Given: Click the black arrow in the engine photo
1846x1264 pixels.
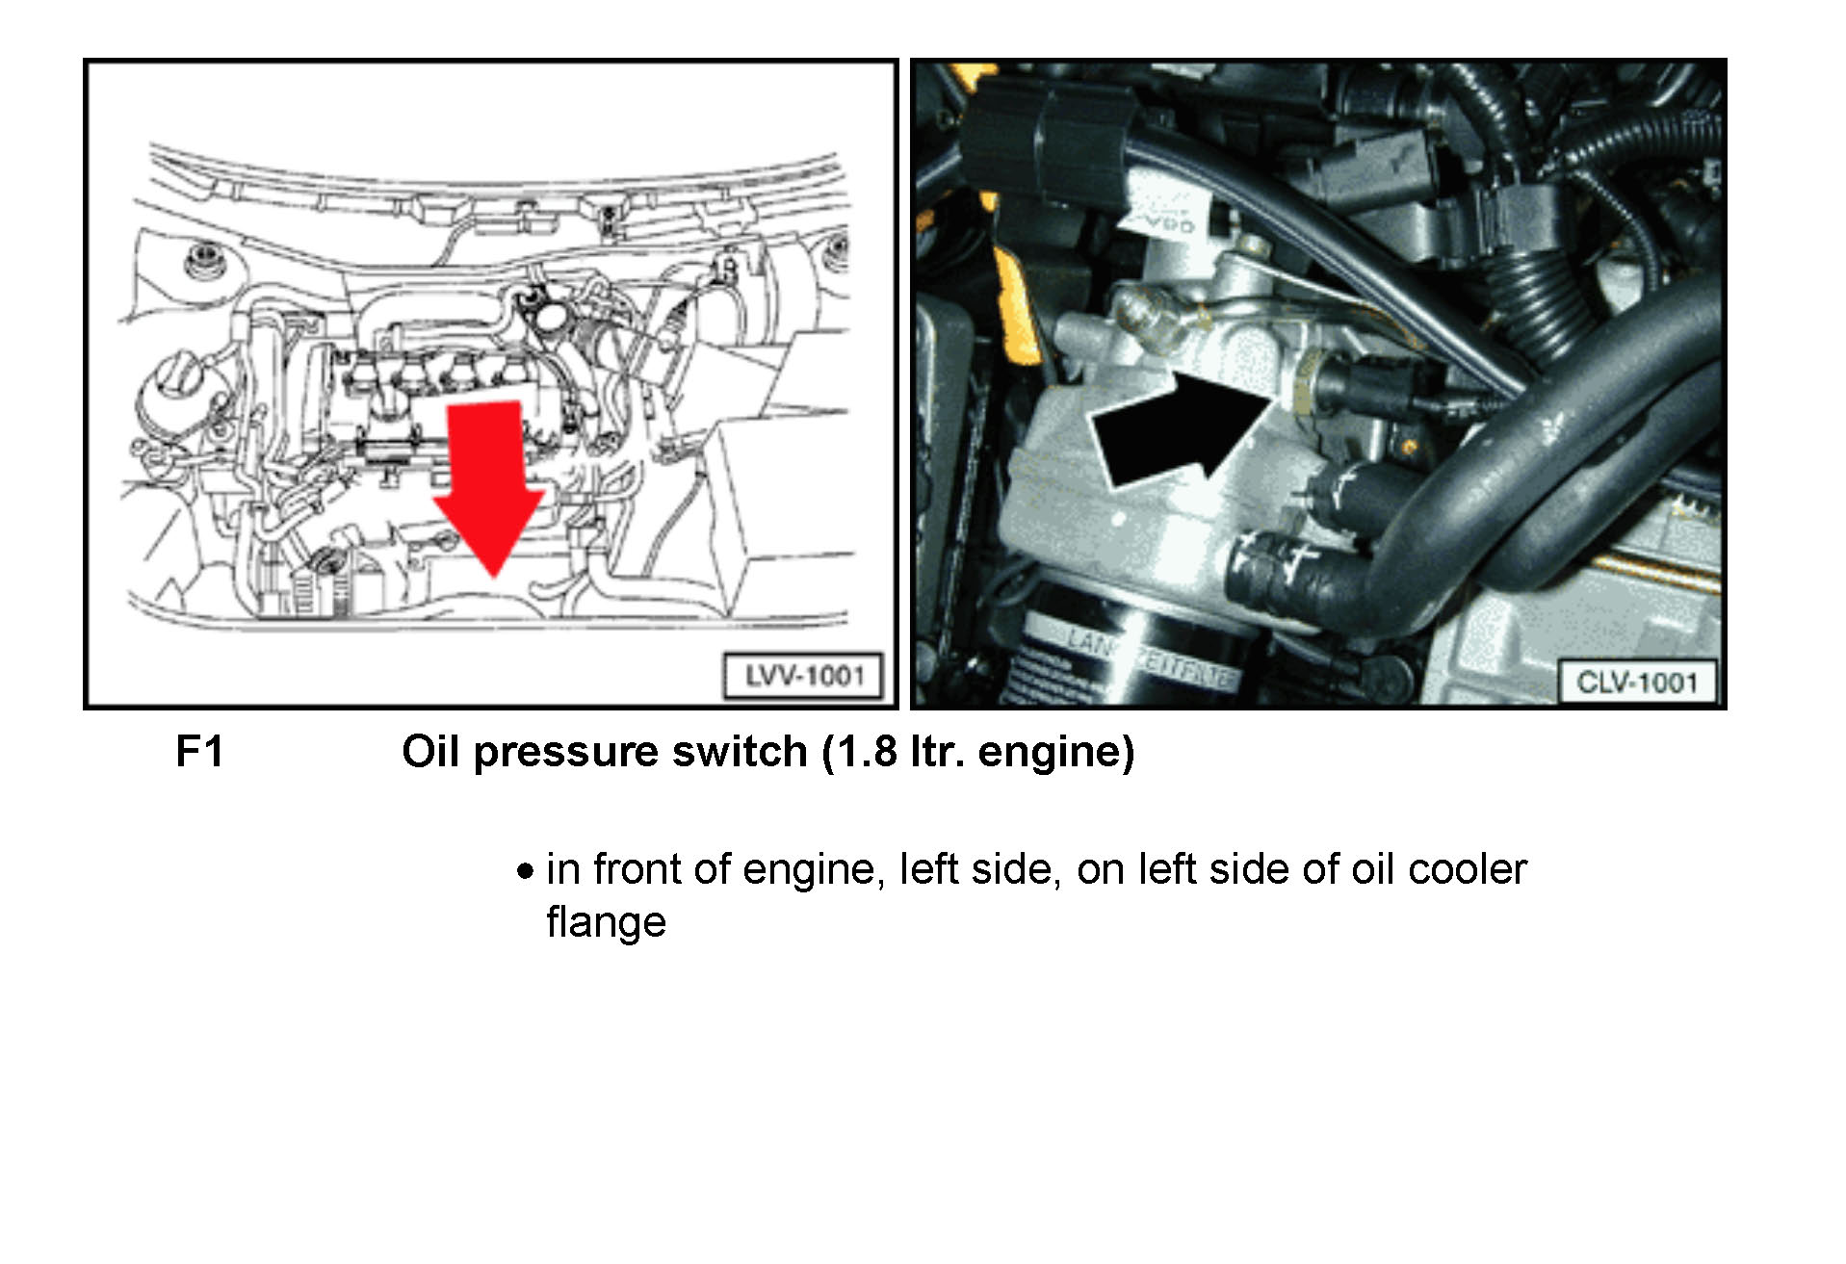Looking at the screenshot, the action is (1181, 428).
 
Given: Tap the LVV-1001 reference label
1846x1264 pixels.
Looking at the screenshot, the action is (803, 676).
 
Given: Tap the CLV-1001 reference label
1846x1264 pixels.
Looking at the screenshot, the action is (1636, 683).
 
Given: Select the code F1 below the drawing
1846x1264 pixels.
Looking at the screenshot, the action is (199, 751).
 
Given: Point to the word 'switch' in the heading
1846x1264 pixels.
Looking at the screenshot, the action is (741, 751).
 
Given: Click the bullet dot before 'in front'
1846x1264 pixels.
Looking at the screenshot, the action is (525, 872).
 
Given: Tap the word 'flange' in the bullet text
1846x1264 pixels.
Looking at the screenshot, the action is (606, 922).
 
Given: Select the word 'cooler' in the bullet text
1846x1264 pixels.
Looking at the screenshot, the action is (1468, 869).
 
